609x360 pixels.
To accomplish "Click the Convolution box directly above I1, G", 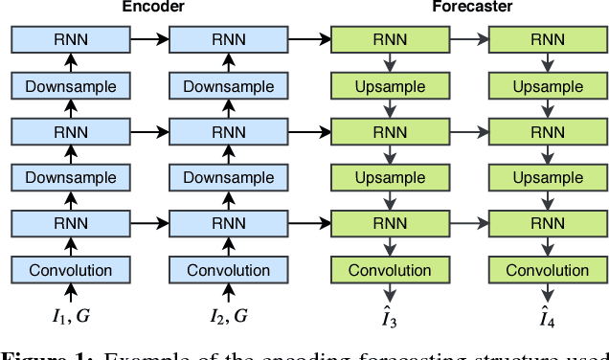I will pos(70,270).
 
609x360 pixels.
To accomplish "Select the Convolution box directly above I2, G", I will pos(228,270).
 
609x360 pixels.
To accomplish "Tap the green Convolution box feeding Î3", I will pos(389,270).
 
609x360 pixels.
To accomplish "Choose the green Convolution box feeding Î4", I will pos(547,270).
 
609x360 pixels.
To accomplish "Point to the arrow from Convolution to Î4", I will pos(547,291).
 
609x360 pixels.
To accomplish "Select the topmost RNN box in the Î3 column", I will pos(389,40).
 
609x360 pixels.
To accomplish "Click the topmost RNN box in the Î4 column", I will pos(547,40).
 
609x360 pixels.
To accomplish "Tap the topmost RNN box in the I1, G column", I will pos(70,40).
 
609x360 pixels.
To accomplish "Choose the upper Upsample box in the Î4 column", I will pos(547,86).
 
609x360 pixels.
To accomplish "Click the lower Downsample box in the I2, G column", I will pos(228,178).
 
